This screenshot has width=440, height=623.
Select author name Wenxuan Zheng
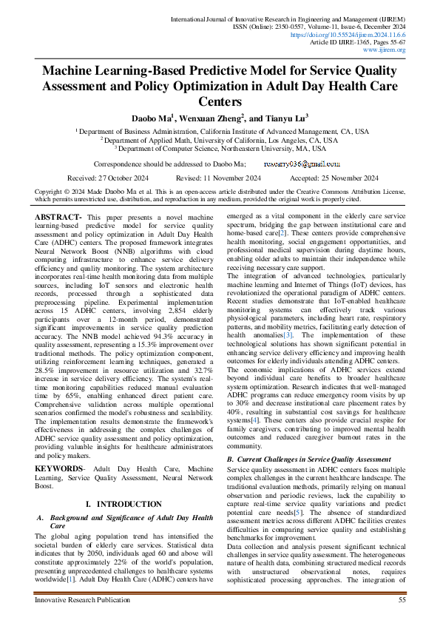pyautogui.click(x=210, y=117)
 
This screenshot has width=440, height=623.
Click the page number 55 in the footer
pyautogui.click(x=402, y=600)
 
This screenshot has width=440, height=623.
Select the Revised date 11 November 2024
pyautogui.click(x=218, y=178)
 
